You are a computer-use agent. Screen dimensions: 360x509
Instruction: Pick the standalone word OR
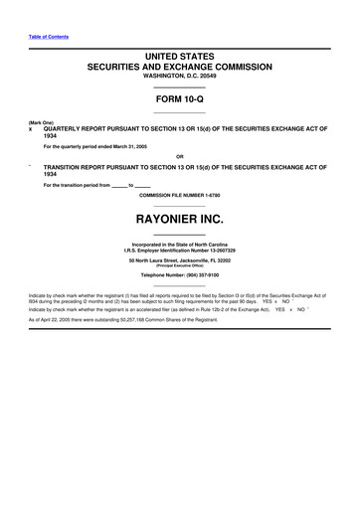(179, 157)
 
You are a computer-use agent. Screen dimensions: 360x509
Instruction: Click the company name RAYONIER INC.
(179, 217)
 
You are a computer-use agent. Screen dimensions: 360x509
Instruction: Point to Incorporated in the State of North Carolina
(179, 244)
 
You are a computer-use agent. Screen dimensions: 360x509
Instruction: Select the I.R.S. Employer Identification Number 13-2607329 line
(179, 250)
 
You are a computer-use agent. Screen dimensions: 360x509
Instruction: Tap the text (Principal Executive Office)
(179, 265)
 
